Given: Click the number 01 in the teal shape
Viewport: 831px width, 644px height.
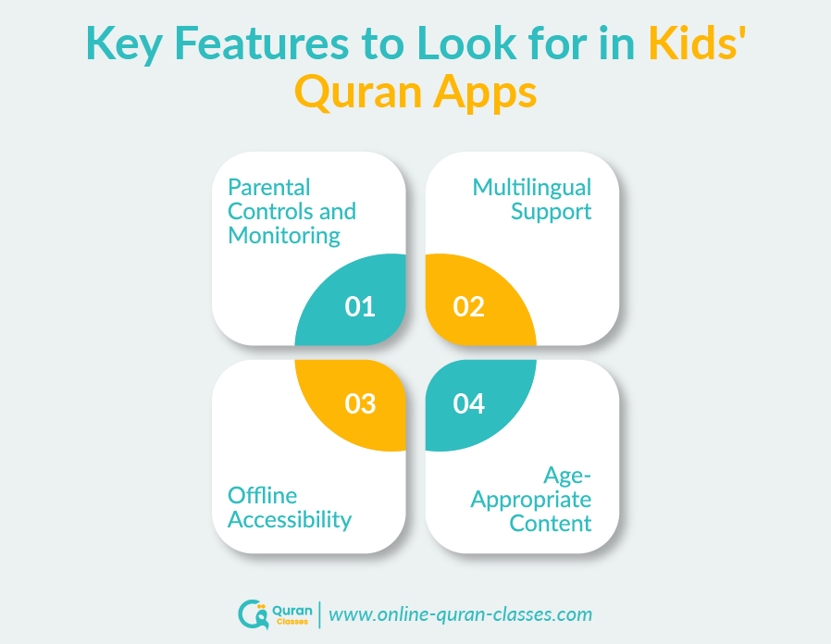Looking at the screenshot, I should click(x=360, y=306).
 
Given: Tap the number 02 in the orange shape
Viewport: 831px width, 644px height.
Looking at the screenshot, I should click(x=469, y=306).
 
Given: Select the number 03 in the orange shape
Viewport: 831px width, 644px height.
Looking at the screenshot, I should click(x=360, y=403).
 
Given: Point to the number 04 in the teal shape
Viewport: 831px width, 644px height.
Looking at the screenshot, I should click(x=469, y=403).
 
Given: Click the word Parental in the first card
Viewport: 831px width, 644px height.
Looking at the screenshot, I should click(x=269, y=187).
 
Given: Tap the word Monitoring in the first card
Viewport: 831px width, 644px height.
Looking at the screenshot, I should click(x=284, y=235).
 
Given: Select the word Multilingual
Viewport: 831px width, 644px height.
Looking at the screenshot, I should click(x=532, y=187).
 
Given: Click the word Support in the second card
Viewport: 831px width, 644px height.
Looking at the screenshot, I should click(x=552, y=211).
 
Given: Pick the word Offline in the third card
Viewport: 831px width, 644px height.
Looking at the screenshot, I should click(x=263, y=495).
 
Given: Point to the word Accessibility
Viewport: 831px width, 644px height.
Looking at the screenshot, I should click(x=290, y=519).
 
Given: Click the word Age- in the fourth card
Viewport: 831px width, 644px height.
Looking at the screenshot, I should click(x=567, y=476).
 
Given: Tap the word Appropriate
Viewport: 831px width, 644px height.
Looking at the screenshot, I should click(x=531, y=500).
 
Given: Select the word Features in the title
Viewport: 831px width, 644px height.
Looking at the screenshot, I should click(x=269, y=44).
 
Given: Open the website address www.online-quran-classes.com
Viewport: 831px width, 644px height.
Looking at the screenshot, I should click(x=461, y=613).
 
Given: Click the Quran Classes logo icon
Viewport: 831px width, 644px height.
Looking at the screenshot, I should click(x=252, y=614).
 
